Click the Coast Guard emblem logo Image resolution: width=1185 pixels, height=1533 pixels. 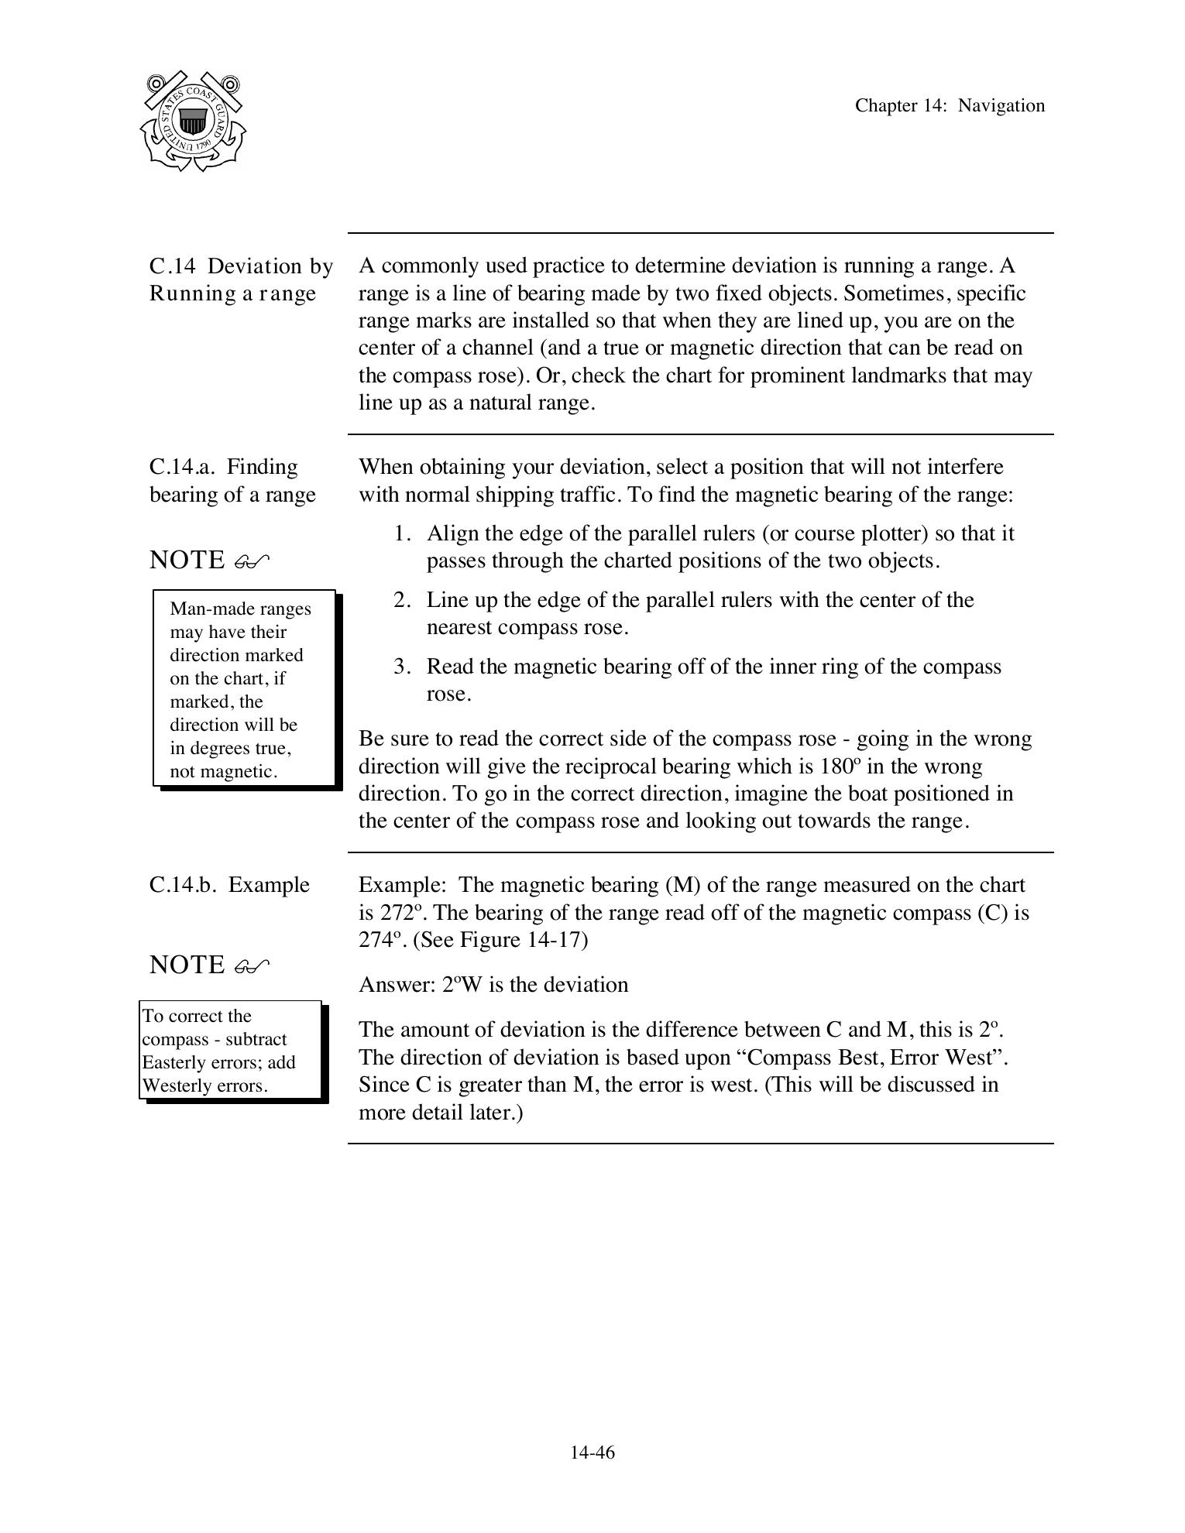click(193, 122)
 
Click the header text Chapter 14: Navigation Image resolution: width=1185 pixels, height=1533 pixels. click(949, 106)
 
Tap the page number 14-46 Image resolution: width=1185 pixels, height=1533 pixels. click(592, 1452)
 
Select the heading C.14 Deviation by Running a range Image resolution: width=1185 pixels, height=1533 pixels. click(241, 280)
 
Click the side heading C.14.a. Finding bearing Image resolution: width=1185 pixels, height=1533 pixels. click(232, 481)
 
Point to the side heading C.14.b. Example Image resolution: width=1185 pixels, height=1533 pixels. click(229, 885)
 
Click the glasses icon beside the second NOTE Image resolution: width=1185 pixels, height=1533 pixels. click(252, 966)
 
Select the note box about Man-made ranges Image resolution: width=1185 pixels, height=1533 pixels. click(244, 689)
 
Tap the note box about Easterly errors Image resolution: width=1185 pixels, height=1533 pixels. click(231, 1050)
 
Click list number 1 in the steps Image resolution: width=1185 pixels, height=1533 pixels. click(400, 533)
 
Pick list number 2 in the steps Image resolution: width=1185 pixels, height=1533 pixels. click(400, 600)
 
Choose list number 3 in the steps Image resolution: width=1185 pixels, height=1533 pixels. click(400, 667)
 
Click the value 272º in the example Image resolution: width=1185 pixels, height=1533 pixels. click(400, 913)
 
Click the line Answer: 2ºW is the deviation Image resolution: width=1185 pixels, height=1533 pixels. click(493, 985)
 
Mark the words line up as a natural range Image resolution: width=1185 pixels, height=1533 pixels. click(476, 403)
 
